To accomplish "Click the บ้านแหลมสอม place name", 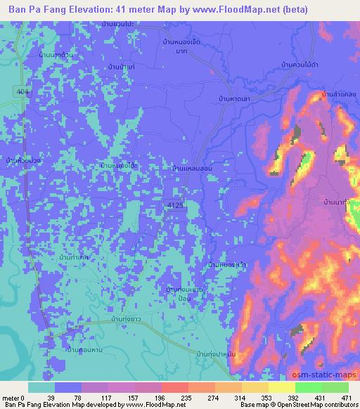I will point(192,169).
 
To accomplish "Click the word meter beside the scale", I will point(12,397).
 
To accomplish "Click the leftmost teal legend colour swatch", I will point(41,387).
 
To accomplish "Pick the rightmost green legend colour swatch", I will point(335,387).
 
